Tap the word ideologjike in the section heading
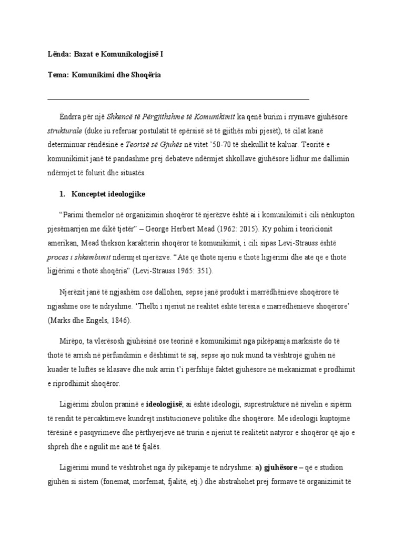click(126, 194)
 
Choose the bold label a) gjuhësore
click(276, 467)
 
